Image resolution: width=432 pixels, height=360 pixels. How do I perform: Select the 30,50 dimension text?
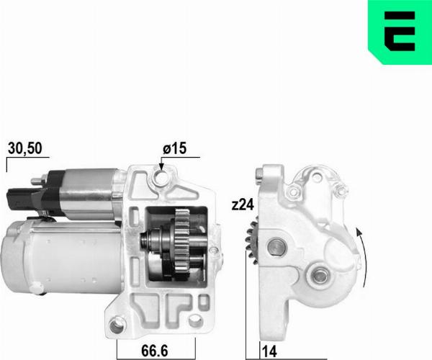tap(25, 149)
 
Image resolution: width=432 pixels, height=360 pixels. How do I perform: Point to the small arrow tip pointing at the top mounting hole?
tap(161, 168)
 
